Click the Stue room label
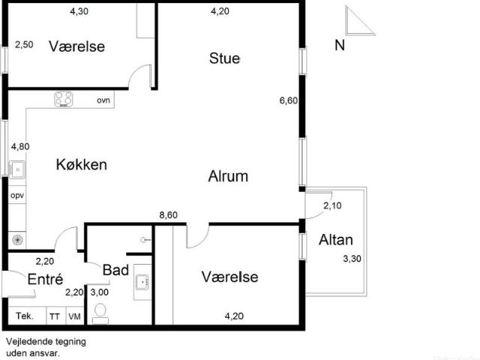(224, 58)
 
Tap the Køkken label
(81, 164)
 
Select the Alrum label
(228, 176)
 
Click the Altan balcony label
(335, 240)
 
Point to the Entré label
(43, 279)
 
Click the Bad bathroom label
(116, 270)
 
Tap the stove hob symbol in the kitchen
(63, 99)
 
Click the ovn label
(103, 100)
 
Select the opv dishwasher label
(16, 195)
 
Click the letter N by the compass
(339, 46)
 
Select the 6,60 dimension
(289, 100)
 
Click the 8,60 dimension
(169, 215)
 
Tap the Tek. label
(24, 316)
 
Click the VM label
(74, 316)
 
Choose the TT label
(55, 316)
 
